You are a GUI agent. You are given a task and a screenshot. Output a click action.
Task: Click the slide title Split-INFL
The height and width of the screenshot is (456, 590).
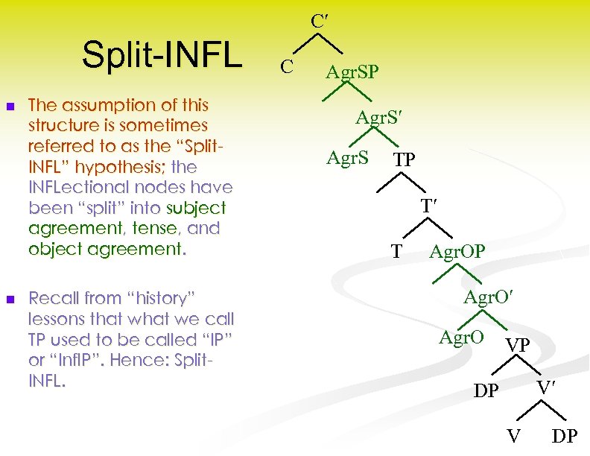tap(162, 55)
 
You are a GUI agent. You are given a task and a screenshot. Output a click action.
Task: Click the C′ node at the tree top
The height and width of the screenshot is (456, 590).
tap(320, 22)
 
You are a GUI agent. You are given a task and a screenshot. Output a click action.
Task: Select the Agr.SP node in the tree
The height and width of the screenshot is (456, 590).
tap(352, 72)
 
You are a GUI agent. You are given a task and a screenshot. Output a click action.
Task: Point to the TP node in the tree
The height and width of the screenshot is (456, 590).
tap(405, 159)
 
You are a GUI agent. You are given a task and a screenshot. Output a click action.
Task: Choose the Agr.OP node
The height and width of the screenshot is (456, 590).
tap(457, 253)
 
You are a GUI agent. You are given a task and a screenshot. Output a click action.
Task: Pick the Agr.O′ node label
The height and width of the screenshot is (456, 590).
tap(487, 299)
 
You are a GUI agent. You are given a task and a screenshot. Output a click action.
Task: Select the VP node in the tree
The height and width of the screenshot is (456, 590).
tap(518, 346)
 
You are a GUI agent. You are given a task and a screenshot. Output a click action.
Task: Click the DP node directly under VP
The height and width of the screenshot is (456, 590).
tap(486, 390)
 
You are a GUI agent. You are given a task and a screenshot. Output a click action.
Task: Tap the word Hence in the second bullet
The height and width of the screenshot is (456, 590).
tap(170, 361)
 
